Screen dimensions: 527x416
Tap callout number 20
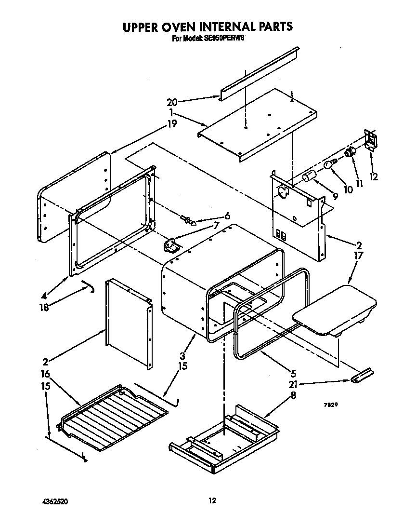coord(172,102)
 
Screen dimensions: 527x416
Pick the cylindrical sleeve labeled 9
coord(309,177)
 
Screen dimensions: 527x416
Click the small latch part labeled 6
coord(188,221)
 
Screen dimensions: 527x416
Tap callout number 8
coord(293,395)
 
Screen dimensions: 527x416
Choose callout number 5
coord(293,373)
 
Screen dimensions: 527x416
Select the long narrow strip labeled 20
coord(260,72)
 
